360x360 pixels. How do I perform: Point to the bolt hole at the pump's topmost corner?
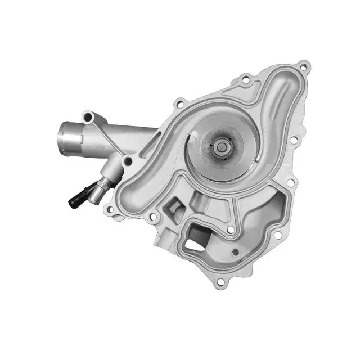[x=304, y=67]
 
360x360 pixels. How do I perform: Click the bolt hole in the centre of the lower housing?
[x=230, y=229]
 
